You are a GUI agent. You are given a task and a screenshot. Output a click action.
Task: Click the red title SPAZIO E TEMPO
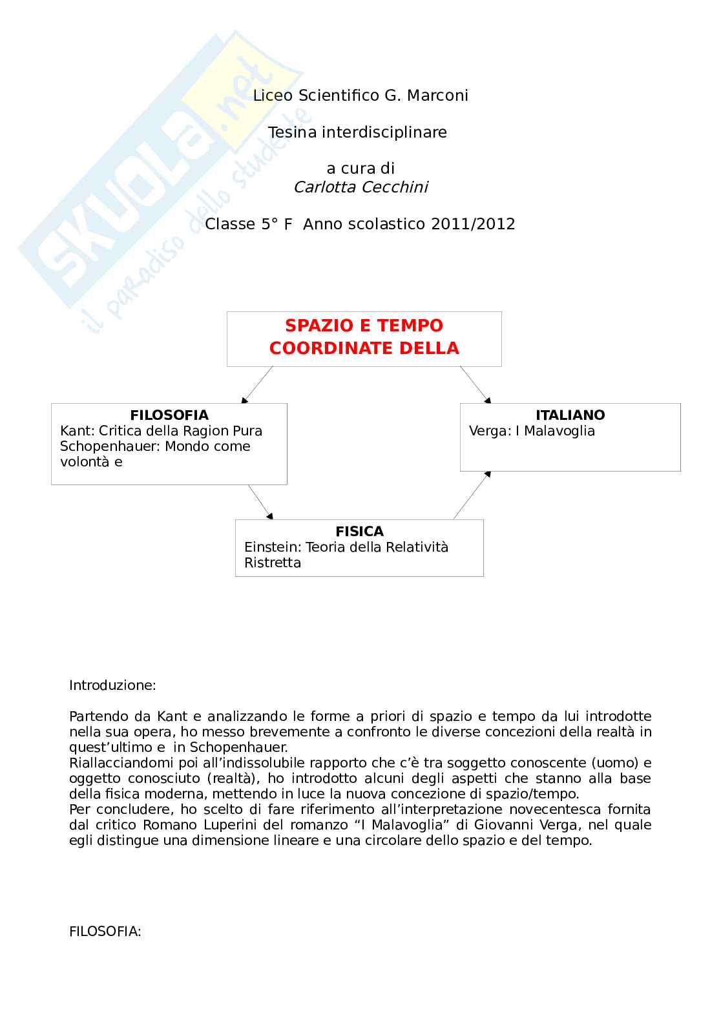pyautogui.click(x=364, y=326)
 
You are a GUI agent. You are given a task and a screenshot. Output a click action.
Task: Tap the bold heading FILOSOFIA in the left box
pyautogui.click(x=169, y=415)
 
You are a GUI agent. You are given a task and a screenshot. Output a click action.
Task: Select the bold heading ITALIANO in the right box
pyautogui.click(x=570, y=415)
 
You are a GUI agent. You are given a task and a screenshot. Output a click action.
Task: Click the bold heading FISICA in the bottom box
pyautogui.click(x=359, y=532)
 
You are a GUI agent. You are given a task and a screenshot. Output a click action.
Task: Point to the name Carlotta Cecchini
pyautogui.click(x=360, y=187)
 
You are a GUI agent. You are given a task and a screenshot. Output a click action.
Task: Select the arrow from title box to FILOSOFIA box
pyautogui.click(x=257, y=384)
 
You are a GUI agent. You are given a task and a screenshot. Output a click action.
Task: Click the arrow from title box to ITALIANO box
pyautogui.click(x=475, y=384)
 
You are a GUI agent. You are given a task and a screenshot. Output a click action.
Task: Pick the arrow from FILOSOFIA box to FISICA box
pyautogui.click(x=260, y=502)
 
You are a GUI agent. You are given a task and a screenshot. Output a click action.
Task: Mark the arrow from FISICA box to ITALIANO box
pyautogui.click(x=472, y=495)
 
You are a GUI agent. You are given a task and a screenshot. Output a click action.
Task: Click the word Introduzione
pyautogui.click(x=112, y=685)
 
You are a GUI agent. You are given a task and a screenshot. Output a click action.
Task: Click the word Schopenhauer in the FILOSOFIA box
pyautogui.click(x=110, y=446)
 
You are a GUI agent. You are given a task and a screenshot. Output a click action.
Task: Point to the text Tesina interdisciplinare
pyautogui.click(x=357, y=132)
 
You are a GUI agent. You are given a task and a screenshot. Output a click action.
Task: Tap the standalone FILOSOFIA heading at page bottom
pyautogui.click(x=105, y=932)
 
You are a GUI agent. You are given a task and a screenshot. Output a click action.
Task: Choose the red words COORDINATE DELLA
pyautogui.click(x=364, y=348)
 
